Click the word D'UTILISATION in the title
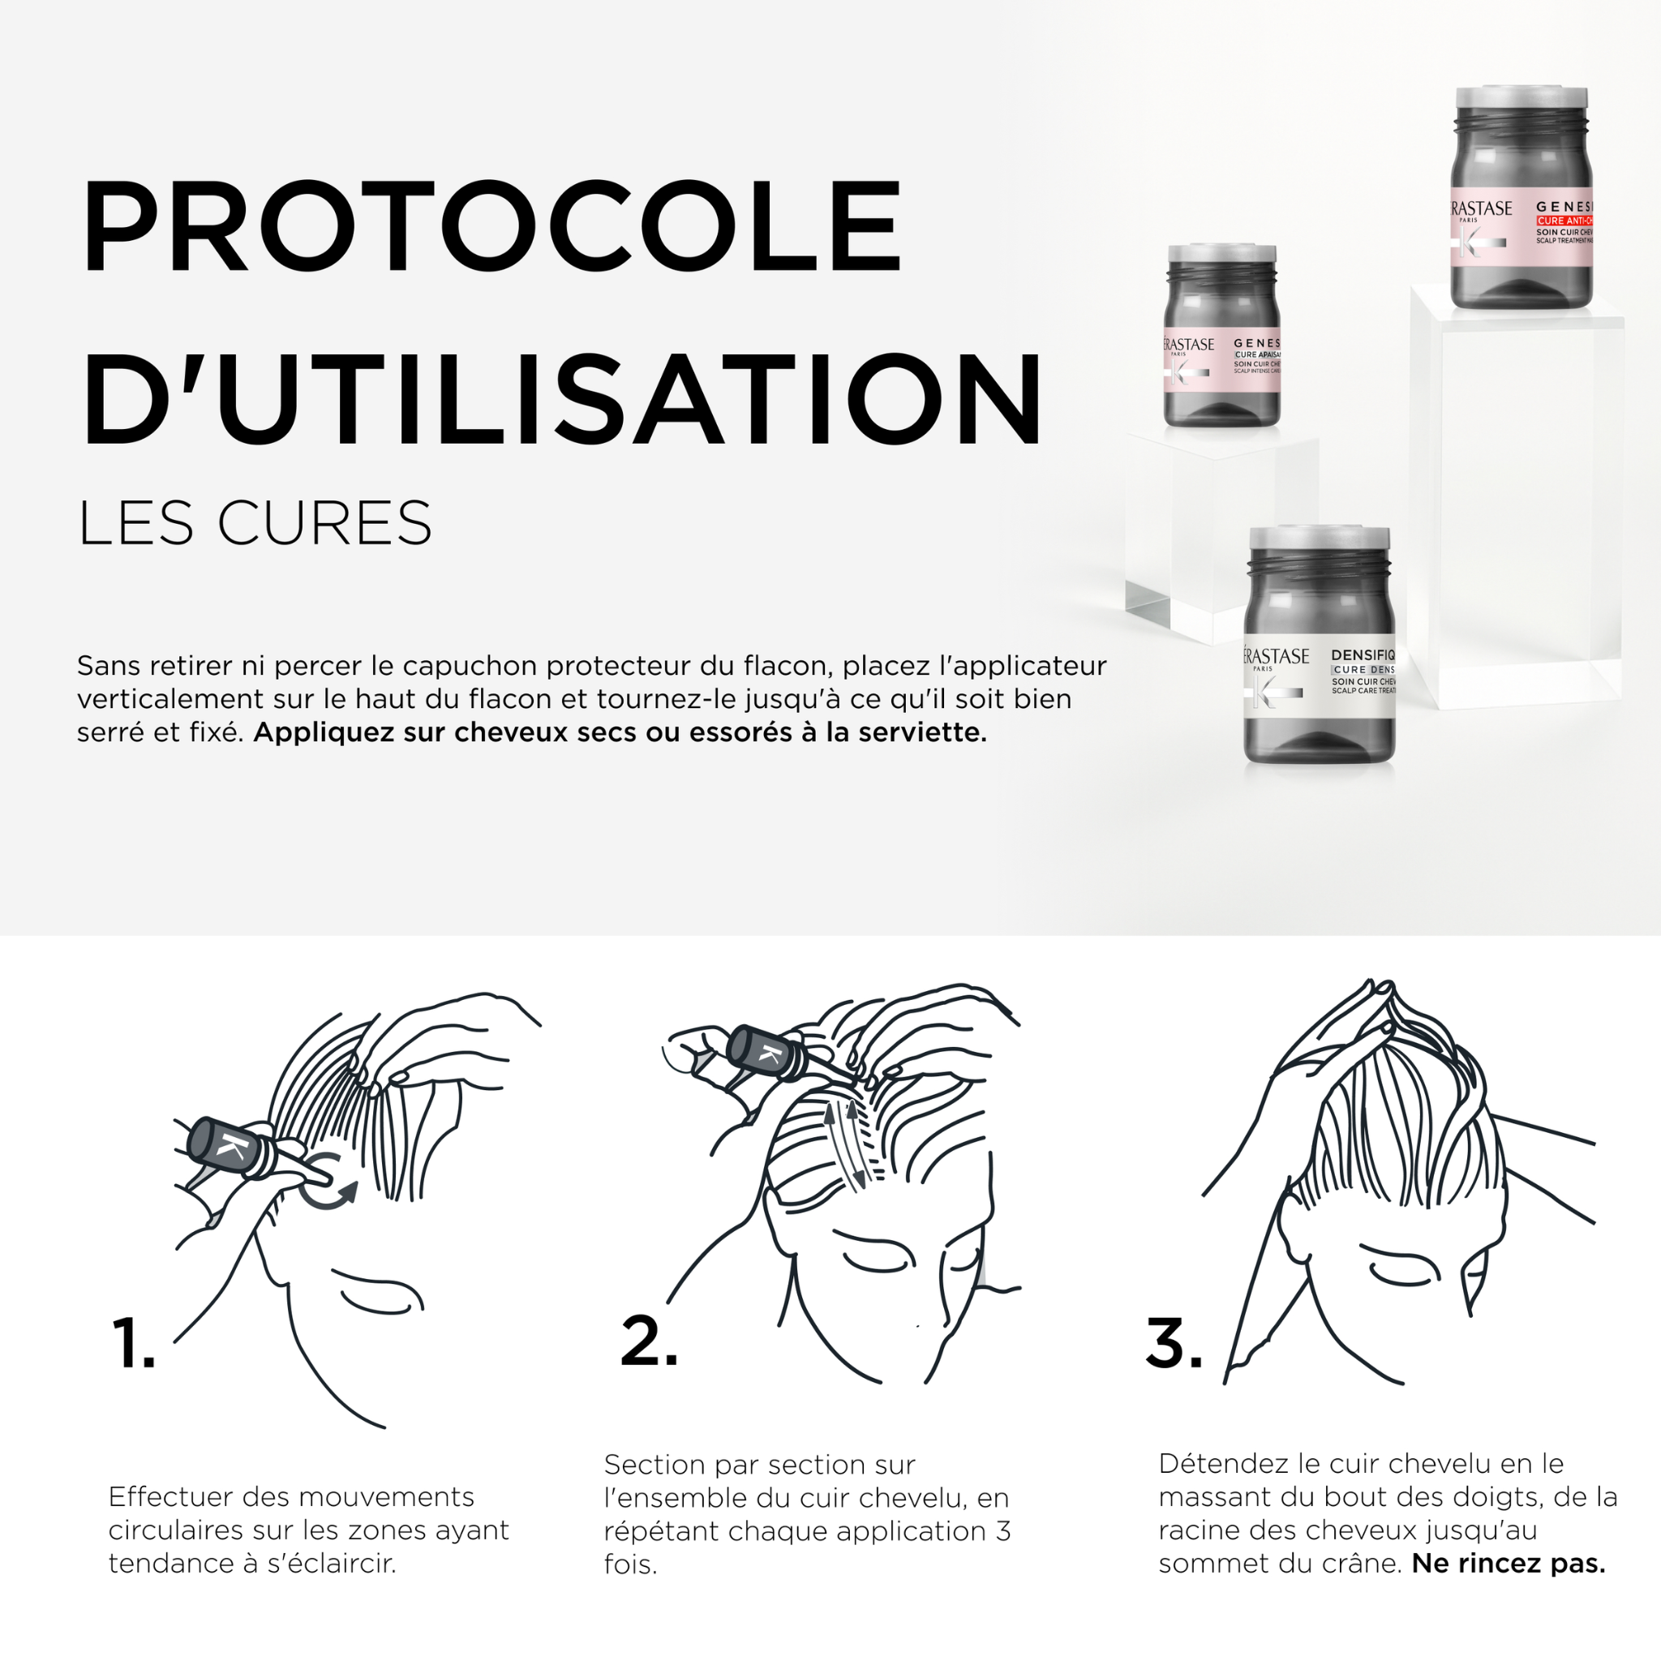click(x=561, y=401)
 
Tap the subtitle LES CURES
click(x=255, y=523)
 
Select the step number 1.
click(x=133, y=1343)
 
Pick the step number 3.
click(x=1174, y=1342)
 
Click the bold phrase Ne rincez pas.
click(x=1508, y=1563)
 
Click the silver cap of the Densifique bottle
click(x=1319, y=539)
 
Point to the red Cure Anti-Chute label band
click(x=1565, y=221)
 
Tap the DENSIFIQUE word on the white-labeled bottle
click(x=1363, y=655)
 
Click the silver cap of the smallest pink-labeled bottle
click(x=1221, y=254)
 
